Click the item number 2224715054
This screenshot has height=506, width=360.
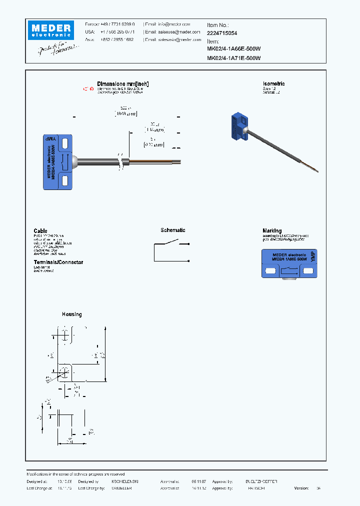[x=222, y=32]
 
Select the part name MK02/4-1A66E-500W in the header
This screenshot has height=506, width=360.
[x=233, y=49]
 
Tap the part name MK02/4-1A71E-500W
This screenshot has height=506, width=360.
[x=233, y=58]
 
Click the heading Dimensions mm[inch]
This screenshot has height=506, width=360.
[x=122, y=84]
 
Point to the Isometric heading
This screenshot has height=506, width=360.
[x=273, y=84]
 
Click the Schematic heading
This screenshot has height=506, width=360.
[x=173, y=230]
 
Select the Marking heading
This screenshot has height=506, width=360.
[x=272, y=230]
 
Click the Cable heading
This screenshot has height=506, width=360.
[x=40, y=230]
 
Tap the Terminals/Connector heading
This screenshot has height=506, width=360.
[x=58, y=262]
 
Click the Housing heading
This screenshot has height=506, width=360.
[x=72, y=314]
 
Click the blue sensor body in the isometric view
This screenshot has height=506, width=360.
[x=237, y=126]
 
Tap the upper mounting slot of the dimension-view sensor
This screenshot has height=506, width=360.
[x=65, y=144]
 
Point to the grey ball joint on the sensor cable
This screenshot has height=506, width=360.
[x=74, y=161]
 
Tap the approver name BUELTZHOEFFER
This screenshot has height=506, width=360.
[x=261, y=481]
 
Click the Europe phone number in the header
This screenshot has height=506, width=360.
[x=116, y=24]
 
